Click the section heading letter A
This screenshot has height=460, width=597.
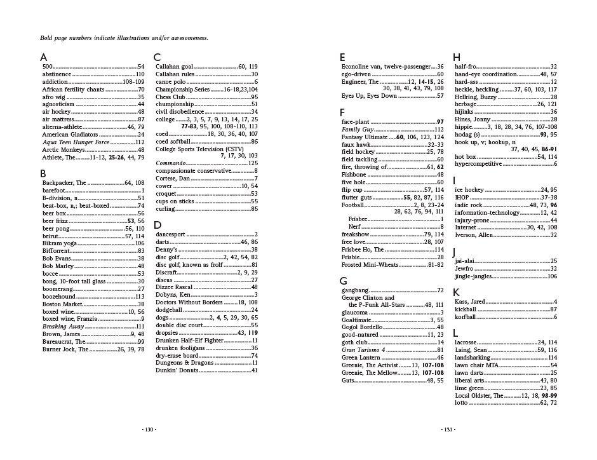[x=44, y=57]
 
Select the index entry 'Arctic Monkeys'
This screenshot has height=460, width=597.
[x=61, y=150]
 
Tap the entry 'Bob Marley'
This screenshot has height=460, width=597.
[x=58, y=266]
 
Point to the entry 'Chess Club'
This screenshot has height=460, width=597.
[x=170, y=97]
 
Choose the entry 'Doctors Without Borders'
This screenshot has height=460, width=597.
[x=189, y=302]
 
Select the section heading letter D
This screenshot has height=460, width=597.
[x=158, y=225]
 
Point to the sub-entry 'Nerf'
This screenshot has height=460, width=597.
[x=354, y=227]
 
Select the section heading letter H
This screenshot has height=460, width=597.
[x=457, y=57]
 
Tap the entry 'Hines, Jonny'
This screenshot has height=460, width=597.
[x=473, y=119]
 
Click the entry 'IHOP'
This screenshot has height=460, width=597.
[x=462, y=197]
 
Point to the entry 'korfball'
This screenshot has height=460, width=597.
[x=466, y=316]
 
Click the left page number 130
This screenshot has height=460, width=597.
[x=149, y=430]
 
